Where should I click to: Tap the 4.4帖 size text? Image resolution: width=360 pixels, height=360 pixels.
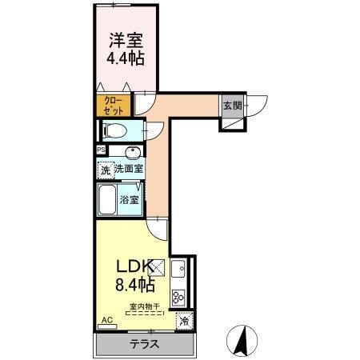(x=126, y=58)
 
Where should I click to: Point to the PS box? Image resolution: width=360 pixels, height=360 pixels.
(x=101, y=150)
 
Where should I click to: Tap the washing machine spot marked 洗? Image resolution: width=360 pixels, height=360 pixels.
(x=104, y=170)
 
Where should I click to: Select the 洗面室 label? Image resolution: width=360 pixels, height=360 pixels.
(x=128, y=169)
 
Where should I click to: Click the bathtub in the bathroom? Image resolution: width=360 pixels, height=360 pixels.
(x=107, y=200)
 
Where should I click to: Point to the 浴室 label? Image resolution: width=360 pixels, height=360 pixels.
(x=130, y=200)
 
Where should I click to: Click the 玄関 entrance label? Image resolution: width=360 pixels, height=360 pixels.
(x=232, y=106)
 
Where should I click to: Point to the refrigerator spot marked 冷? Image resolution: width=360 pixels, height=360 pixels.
(x=184, y=322)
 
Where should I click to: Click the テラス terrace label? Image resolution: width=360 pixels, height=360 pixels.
(x=145, y=345)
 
